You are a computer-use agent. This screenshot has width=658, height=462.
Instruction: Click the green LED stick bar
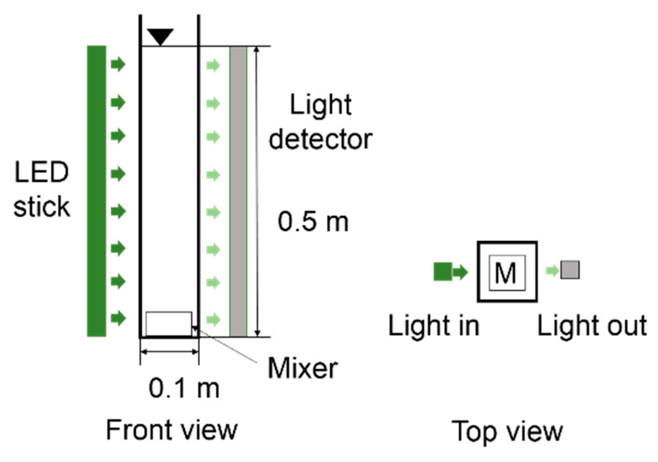pyautogui.click(x=96, y=191)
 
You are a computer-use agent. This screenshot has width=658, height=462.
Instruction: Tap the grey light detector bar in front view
pyautogui.click(x=238, y=191)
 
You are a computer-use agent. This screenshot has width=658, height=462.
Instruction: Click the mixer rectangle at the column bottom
pyautogui.click(x=169, y=323)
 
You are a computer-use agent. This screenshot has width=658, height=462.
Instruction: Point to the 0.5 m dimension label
pyautogui.click(x=313, y=221)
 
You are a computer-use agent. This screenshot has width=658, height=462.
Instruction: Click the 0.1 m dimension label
pyautogui.click(x=184, y=388)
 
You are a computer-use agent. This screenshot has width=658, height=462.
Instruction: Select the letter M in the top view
pyautogui.click(x=506, y=273)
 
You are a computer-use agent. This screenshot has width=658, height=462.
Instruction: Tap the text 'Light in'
pyautogui.click(x=434, y=325)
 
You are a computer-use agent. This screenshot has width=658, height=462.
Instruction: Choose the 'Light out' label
pyautogui.click(x=592, y=325)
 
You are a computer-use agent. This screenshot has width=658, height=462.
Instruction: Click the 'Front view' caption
pyautogui.click(x=172, y=430)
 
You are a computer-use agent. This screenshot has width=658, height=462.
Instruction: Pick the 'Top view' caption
pyautogui.click(x=507, y=431)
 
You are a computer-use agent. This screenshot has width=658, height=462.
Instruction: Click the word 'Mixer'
pyautogui.click(x=302, y=368)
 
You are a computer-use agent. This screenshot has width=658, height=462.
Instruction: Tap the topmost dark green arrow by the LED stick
pyautogui.click(x=118, y=64)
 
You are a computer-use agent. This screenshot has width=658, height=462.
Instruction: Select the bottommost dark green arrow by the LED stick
pyautogui.click(x=118, y=319)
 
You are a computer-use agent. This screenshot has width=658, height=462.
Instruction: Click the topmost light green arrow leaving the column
pyautogui.click(x=213, y=65)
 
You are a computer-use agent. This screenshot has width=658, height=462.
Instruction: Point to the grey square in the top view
pyautogui.click(x=570, y=270)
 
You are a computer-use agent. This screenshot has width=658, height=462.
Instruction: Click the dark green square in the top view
pyautogui.click(x=442, y=272)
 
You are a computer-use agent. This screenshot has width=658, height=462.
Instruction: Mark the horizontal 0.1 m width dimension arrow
pyautogui.click(x=169, y=352)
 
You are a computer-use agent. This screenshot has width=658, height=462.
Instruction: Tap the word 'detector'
pyautogui.click(x=320, y=139)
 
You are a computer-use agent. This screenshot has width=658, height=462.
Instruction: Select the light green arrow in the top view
pyautogui.click(x=552, y=271)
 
